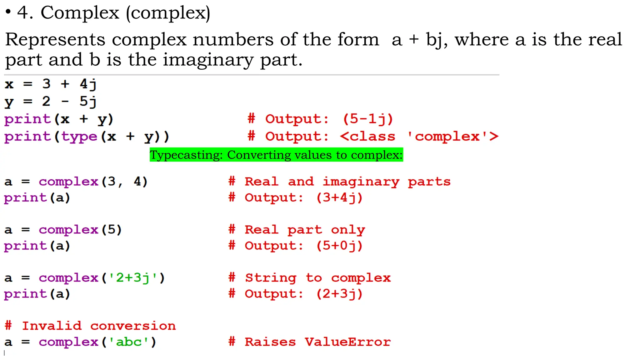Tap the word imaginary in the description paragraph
tap(208, 60)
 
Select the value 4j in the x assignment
tap(88, 84)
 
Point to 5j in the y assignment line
tap(88, 102)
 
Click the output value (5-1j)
tap(368, 119)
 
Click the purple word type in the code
tap(79, 137)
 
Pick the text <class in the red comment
tap(368, 137)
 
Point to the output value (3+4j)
tap(339, 198)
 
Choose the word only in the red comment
tap(348, 230)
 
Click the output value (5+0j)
tap(339, 246)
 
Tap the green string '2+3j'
tap(133, 278)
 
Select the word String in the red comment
tap(271, 278)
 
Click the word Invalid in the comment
tap(52, 326)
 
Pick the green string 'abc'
tap(128, 342)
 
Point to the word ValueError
tap(348, 342)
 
